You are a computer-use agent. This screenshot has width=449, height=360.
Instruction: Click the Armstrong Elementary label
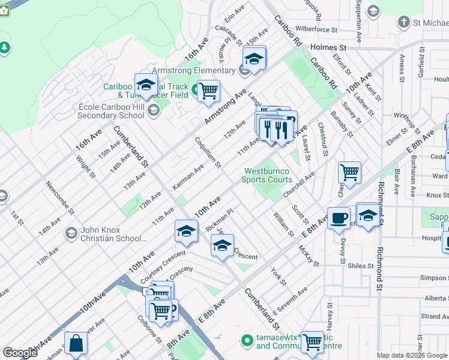[193, 71]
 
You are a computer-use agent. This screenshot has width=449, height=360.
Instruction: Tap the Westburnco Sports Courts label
[267, 175]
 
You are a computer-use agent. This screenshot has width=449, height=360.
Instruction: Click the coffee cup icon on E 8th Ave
[339, 218]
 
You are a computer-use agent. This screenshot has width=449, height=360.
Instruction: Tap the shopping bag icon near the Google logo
[76, 343]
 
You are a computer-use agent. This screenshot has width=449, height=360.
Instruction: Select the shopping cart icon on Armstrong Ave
[208, 92]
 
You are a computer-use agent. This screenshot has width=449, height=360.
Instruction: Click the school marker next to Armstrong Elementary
[254, 60]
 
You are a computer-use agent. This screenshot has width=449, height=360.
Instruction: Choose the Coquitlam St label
[208, 152]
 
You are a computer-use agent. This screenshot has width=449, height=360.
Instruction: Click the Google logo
[20, 353]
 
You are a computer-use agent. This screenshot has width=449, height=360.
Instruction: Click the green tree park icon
[4, 47]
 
